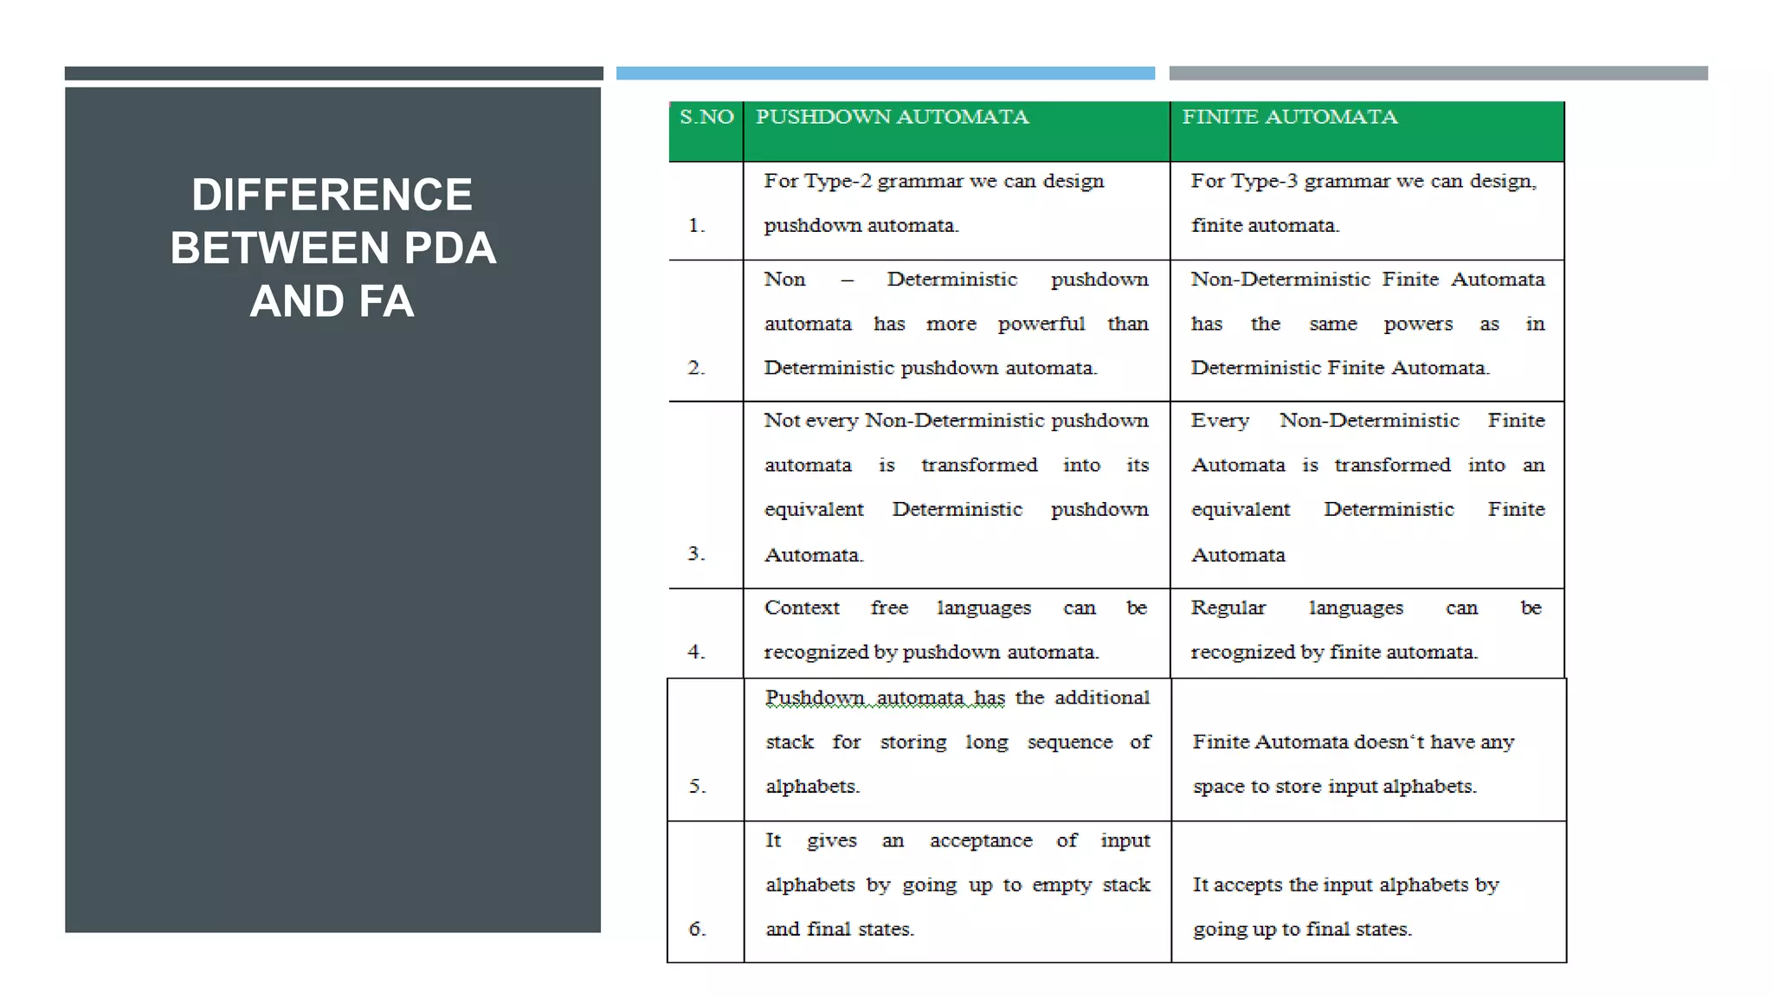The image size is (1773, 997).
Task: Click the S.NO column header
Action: pos(706,117)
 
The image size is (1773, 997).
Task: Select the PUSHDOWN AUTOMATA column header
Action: pos(892,117)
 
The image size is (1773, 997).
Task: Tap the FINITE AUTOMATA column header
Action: pos(1289,117)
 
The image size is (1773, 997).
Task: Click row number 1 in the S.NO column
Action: pos(697,226)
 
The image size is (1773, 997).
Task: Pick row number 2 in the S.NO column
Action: pos(697,368)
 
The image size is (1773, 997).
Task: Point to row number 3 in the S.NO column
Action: pos(697,554)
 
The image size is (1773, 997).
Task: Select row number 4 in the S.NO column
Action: pos(697,652)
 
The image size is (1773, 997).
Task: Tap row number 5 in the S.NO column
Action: pos(698,786)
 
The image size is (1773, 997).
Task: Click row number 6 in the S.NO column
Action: pos(698,929)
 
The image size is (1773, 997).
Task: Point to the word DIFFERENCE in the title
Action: pos(332,195)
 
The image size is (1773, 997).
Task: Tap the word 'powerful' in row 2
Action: pos(1041,325)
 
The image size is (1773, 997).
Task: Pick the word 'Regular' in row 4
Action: pos(1228,608)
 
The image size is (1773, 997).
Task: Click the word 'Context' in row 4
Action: pos(802,608)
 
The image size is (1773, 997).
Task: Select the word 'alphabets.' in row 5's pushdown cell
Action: pos(812,786)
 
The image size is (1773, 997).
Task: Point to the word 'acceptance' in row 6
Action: pos(981,840)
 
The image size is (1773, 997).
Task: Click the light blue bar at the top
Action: pos(885,74)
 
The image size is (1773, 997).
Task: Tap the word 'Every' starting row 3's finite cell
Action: pos(1220,421)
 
